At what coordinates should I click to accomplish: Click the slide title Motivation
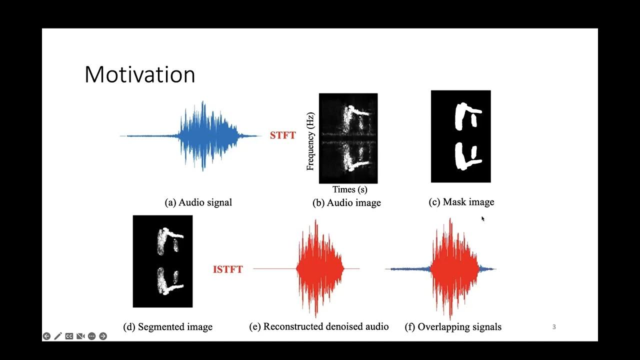tap(139, 74)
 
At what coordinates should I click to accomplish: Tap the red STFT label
tap(282, 135)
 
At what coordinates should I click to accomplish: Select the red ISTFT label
tap(227, 269)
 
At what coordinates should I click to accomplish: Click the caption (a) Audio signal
tap(198, 202)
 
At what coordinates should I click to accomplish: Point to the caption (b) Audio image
tap(346, 202)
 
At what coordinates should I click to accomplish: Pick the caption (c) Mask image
tap(461, 202)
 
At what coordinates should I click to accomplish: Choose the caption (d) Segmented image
tap(167, 327)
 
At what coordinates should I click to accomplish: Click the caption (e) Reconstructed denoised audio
tap(318, 326)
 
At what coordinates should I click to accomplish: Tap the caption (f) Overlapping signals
tap(452, 327)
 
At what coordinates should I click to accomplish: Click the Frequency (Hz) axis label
tap(310, 141)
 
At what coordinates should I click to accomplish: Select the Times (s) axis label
tap(350, 189)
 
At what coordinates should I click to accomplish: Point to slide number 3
tap(554, 327)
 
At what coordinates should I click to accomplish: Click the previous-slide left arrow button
tap(46, 336)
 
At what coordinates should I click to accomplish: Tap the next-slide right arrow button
tap(103, 336)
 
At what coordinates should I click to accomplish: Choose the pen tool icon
tap(58, 336)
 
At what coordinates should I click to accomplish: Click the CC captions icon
tap(69, 336)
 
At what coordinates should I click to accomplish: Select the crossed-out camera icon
tap(80, 336)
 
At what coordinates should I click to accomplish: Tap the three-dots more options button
tap(91, 336)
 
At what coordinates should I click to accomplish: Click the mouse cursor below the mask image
tap(483, 218)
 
